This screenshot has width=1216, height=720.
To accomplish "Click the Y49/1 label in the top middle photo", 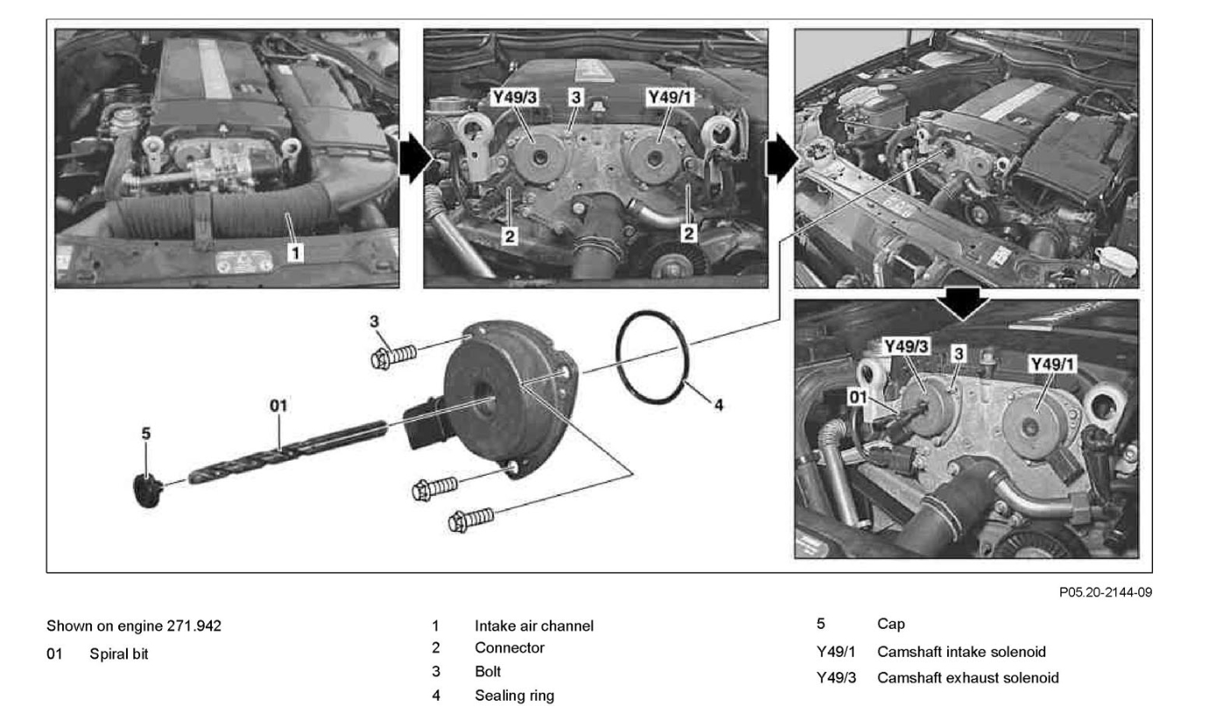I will [669, 98].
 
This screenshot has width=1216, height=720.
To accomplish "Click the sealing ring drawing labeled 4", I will [653, 361].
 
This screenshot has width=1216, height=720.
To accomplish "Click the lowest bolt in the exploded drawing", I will [470, 519].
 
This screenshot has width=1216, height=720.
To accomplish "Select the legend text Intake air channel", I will [534, 626].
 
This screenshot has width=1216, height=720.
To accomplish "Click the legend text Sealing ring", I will [514, 695].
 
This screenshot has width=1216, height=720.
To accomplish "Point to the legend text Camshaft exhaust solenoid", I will [967, 678].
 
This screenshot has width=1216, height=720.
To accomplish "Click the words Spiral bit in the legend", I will [119, 653].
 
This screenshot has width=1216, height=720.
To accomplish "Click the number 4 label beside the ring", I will [719, 405].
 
